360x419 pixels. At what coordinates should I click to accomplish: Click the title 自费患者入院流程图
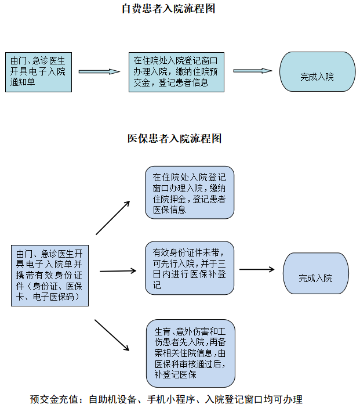click(168, 9)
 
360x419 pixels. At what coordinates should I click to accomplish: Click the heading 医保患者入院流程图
click(174, 139)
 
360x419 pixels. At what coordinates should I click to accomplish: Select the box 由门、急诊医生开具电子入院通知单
click(38, 72)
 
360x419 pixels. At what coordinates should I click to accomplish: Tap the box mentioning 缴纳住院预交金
click(176, 72)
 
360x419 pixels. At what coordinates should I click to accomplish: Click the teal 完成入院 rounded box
click(317, 71)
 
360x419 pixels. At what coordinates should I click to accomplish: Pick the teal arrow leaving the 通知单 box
click(99, 71)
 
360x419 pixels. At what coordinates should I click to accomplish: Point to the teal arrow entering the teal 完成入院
click(252, 71)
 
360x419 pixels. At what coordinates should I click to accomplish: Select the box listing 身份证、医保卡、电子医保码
click(50, 276)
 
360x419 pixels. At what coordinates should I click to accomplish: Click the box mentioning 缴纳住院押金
click(190, 193)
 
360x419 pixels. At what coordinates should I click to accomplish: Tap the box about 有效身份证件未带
click(190, 268)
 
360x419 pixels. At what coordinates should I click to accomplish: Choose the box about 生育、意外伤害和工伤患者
click(191, 353)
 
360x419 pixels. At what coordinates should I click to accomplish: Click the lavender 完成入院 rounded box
click(316, 273)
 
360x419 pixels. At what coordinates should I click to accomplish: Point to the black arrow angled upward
click(113, 218)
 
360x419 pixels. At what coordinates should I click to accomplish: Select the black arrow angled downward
click(112, 335)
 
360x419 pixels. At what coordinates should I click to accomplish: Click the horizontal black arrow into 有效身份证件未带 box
click(118, 271)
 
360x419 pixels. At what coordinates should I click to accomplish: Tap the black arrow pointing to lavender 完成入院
click(257, 269)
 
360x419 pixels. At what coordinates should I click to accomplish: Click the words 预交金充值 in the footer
click(54, 399)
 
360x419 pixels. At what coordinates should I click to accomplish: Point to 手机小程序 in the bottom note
click(171, 399)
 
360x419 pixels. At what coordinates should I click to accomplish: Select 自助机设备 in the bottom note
click(113, 399)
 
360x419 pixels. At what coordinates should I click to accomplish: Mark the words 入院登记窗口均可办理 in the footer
click(254, 399)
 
